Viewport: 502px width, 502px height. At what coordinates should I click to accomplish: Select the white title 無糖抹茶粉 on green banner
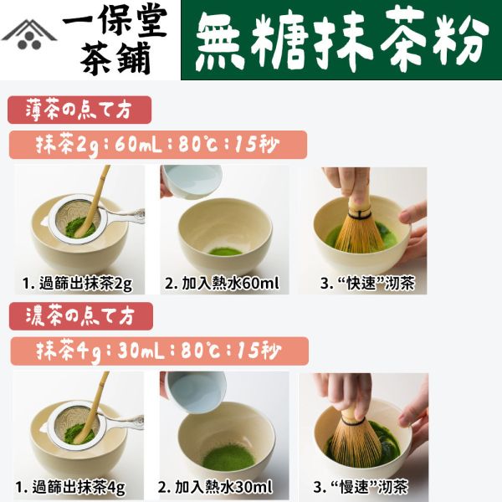[341, 41]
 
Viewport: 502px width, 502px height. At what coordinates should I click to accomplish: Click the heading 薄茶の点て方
[79, 110]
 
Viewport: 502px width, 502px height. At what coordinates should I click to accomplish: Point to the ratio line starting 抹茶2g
[157, 144]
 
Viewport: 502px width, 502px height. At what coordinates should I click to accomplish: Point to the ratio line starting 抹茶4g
[157, 351]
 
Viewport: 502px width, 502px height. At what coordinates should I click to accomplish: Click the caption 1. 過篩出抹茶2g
[79, 282]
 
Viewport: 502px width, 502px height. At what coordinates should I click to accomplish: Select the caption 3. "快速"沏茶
[361, 282]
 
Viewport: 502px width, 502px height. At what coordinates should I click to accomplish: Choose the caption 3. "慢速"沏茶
[361, 486]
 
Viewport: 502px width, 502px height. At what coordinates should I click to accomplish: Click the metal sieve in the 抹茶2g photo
[79, 219]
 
